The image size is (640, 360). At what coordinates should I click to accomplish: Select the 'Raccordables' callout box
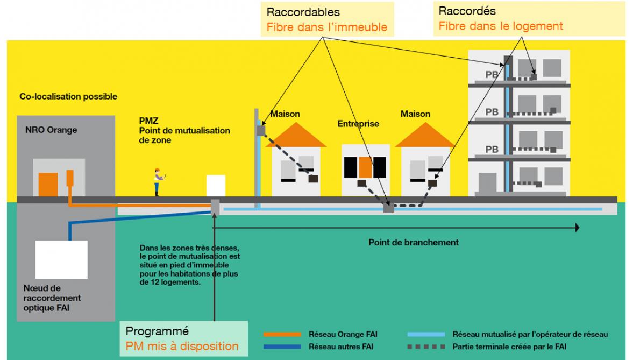point(327,19)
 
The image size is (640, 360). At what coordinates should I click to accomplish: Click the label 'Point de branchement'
point(414,242)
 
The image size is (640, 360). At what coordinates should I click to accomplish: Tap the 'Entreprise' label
point(358,124)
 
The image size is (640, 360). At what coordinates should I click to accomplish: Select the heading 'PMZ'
point(146,120)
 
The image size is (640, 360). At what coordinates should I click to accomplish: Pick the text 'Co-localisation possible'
point(68,97)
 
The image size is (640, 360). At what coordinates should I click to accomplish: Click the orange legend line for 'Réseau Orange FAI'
point(282,335)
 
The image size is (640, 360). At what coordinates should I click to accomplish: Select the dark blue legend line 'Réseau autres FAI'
point(282,347)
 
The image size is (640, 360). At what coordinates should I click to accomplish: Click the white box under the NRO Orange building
point(61,258)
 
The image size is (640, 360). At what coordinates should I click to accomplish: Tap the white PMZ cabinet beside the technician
point(216,186)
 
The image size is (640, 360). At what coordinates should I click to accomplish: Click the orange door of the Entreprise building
point(366,167)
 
